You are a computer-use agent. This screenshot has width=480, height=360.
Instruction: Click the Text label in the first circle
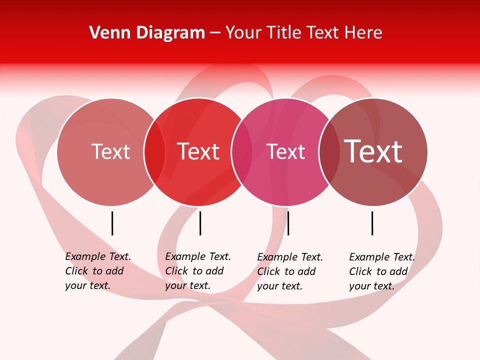pyautogui.click(x=110, y=151)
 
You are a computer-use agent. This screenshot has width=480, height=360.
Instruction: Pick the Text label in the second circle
pyautogui.click(x=198, y=151)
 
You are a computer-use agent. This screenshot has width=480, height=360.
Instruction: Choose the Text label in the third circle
pyautogui.click(x=286, y=151)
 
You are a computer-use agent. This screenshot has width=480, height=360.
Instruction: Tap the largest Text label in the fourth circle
pyautogui.click(x=373, y=151)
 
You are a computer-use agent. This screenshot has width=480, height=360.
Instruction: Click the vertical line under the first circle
pyautogui.click(x=112, y=223)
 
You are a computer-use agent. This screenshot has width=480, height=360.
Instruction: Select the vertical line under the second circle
pyautogui.click(x=200, y=223)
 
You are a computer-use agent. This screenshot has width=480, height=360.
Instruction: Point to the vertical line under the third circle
pyautogui.click(x=288, y=223)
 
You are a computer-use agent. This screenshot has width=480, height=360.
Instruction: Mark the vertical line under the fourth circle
pyautogui.click(x=372, y=223)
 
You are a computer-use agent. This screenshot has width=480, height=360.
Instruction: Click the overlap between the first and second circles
pyautogui.click(x=154, y=151)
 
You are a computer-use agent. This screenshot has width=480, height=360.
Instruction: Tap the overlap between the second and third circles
pyautogui.click(x=242, y=151)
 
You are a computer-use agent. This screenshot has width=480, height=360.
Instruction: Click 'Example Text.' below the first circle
pyautogui.click(x=98, y=256)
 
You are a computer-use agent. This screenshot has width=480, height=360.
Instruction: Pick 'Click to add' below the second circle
pyautogui.click(x=194, y=271)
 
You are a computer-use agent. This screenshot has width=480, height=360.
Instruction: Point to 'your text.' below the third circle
pyautogui.click(x=280, y=286)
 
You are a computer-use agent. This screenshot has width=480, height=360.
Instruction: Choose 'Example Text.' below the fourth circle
pyautogui.click(x=382, y=257)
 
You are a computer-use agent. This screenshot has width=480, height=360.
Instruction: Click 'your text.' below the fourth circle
pyautogui.click(x=372, y=286)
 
